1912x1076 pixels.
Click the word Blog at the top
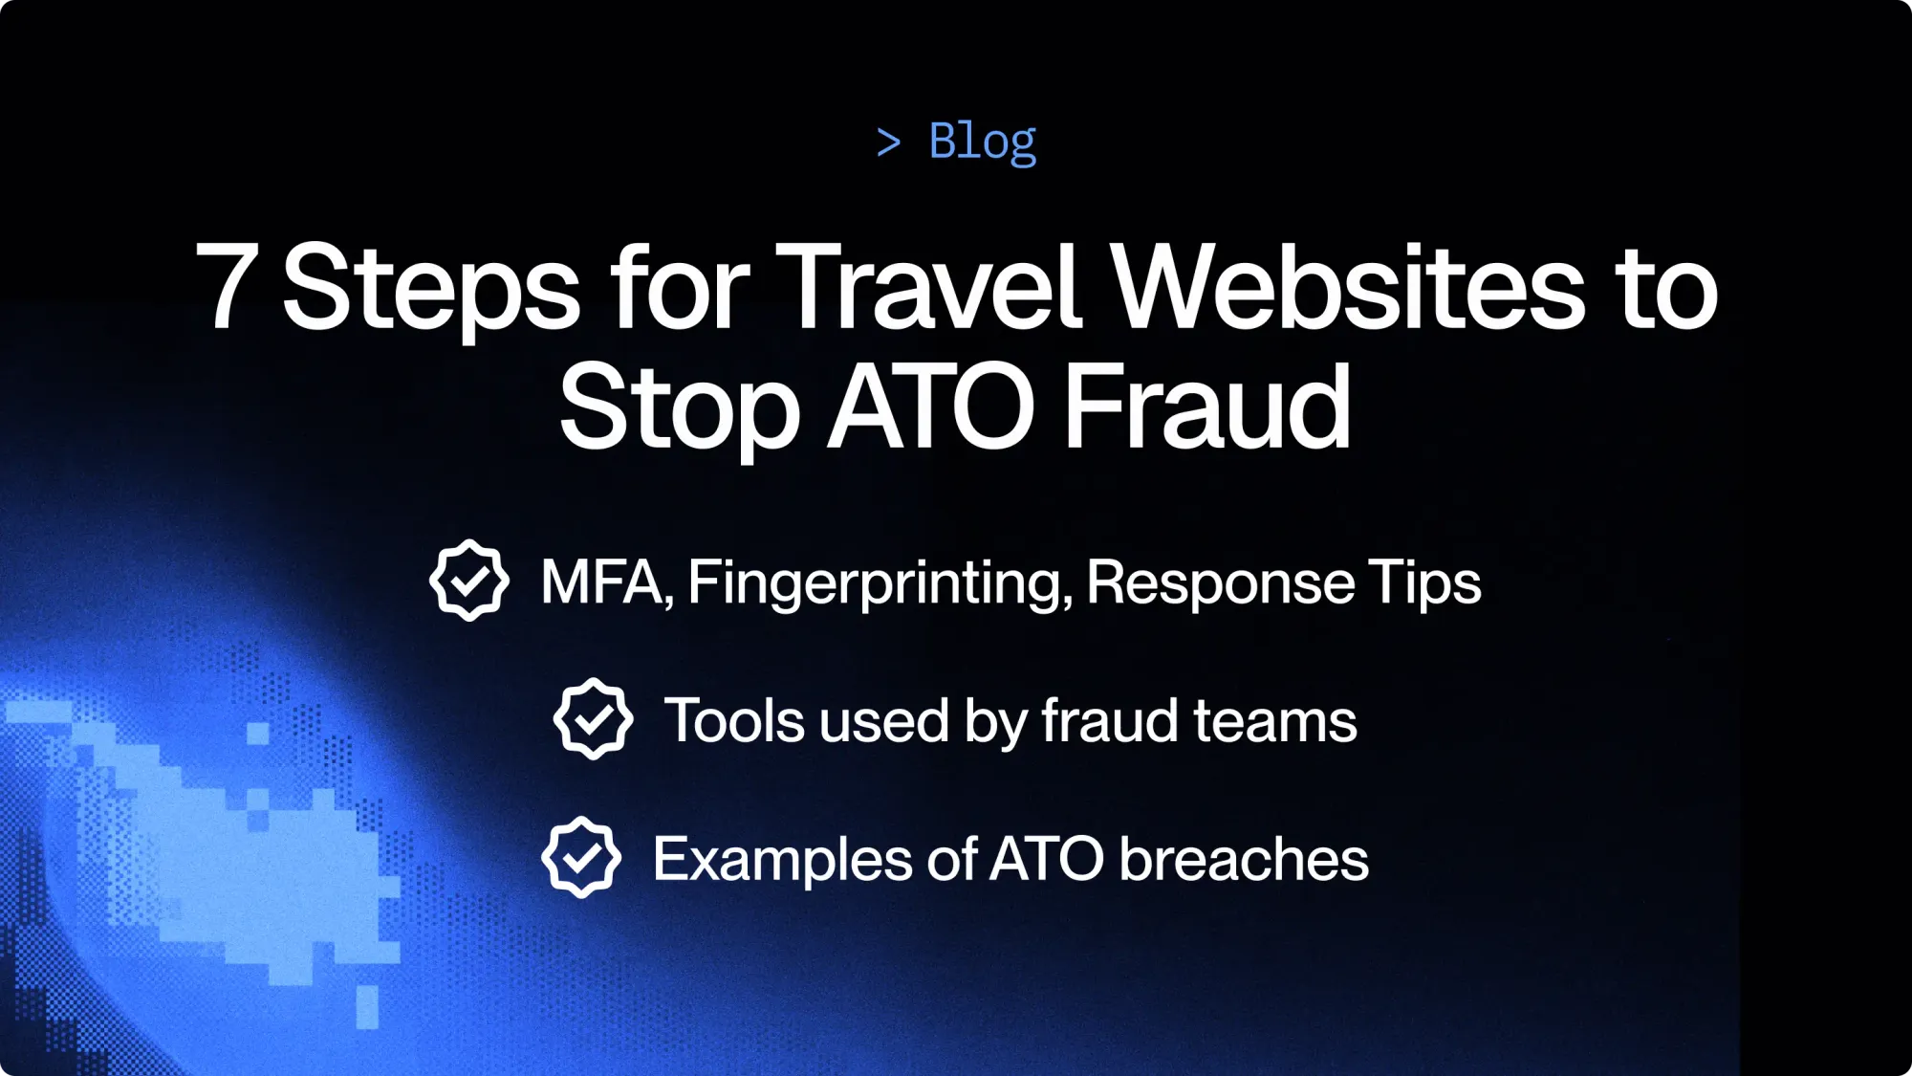pos(982,142)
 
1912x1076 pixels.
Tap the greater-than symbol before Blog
pos(888,143)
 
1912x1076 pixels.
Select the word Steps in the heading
pos(431,287)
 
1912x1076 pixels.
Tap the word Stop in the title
pos(680,407)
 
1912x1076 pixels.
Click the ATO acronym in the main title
pos(931,406)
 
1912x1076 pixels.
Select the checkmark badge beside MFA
pos(468,581)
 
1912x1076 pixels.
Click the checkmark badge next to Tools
pos(593,718)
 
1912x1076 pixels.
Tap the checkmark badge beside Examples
pos(581,857)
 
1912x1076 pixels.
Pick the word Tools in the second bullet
pos(734,720)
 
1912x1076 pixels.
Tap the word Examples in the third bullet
pos(782,860)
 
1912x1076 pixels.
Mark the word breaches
pos(1244,859)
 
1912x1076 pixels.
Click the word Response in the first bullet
pos(1220,583)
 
